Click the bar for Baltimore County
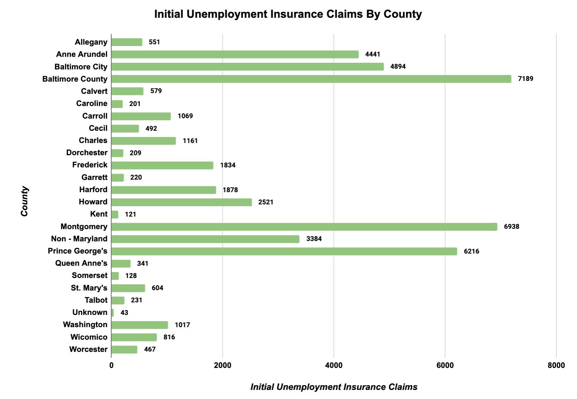[311, 79]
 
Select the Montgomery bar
[304, 227]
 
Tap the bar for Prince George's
[284, 251]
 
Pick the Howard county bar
[181, 202]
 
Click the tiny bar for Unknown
[112, 313]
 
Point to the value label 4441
[372, 54]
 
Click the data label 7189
[525, 79]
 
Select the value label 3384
[314, 239]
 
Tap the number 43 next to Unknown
[124, 313]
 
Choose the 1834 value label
[228, 165]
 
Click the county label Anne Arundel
[82, 54]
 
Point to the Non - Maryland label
[79, 239]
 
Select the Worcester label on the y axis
[88, 349]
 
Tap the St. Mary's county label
[89, 288]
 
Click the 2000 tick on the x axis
[222, 365]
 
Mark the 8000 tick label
[556, 365]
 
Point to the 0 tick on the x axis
[111, 365]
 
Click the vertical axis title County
[24, 201]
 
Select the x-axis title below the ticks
[334, 387]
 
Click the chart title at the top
[288, 14]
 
